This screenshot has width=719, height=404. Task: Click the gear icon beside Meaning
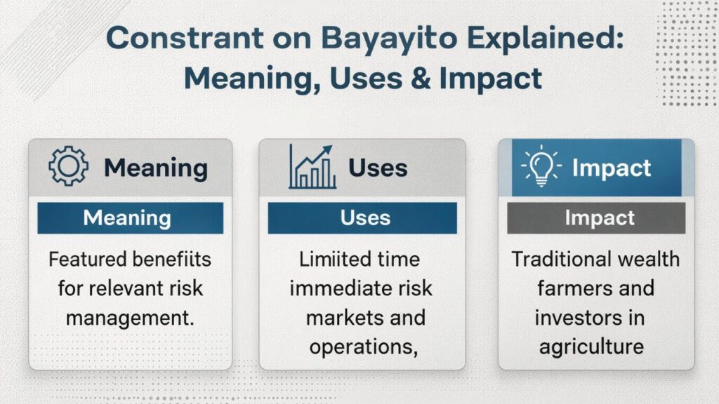68,168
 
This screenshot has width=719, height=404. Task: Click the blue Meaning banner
130,217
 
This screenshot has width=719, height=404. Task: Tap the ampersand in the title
414,78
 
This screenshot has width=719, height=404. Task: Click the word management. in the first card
130,317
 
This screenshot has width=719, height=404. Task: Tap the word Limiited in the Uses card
329,259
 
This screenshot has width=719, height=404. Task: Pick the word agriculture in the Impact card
591,346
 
